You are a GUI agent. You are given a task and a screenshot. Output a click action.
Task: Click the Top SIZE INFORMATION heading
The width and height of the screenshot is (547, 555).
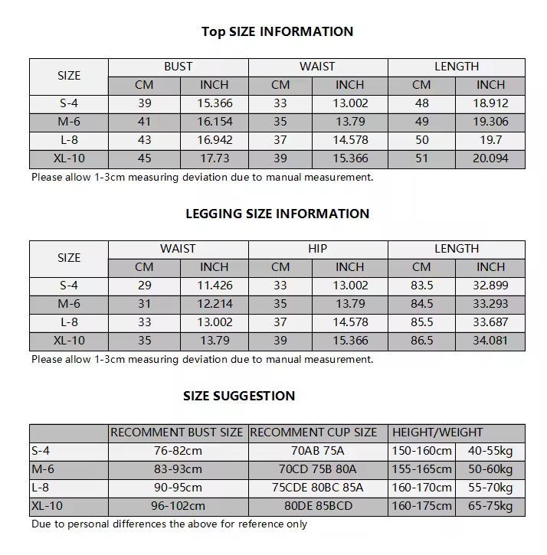(277, 31)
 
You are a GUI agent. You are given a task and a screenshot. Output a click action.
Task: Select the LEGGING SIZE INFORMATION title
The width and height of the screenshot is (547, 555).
(277, 214)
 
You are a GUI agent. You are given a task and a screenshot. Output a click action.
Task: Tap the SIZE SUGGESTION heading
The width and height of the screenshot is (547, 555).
(239, 396)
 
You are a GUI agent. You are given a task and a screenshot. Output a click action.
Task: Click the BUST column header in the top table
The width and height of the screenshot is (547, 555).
(178, 67)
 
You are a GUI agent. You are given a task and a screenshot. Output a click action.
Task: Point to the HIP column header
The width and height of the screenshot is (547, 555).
(317, 249)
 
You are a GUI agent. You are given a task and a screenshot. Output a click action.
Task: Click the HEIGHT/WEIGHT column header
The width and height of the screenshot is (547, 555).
(437, 433)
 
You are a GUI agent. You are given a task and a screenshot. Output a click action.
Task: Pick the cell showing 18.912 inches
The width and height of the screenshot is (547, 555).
(491, 103)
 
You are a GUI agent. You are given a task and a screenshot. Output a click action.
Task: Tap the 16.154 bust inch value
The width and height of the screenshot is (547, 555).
(215, 122)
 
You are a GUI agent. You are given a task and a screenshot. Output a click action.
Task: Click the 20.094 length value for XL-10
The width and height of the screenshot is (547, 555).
(491, 158)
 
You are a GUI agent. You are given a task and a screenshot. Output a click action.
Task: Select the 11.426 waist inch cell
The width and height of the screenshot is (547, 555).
(215, 286)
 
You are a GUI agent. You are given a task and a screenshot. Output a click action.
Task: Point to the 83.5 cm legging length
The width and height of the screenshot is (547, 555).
(422, 286)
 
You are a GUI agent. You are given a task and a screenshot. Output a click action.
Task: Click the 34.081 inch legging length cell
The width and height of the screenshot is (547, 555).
(491, 341)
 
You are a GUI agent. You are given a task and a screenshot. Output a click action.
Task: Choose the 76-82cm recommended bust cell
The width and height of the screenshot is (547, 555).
(178, 451)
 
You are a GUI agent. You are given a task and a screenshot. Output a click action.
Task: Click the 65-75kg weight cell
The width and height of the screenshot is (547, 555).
(491, 506)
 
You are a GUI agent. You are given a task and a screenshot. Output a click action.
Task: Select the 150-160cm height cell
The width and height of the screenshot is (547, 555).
(422, 451)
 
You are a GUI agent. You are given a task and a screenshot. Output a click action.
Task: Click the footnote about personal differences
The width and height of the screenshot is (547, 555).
(169, 524)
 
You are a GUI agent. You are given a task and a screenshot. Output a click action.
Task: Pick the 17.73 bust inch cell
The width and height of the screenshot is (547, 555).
(215, 158)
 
